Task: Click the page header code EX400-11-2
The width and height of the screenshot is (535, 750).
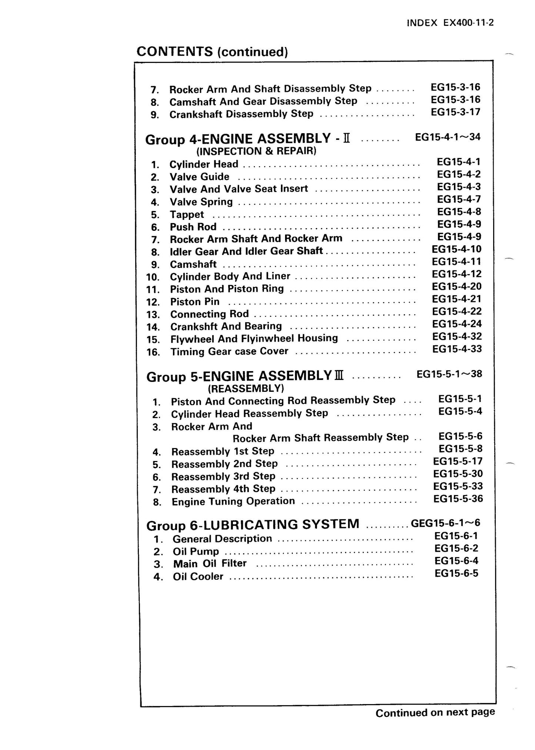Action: [468, 23]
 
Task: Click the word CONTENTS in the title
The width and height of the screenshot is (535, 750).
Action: [175, 51]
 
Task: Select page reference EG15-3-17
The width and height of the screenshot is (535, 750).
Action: [455, 112]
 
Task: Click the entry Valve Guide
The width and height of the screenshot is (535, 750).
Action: [199, 177]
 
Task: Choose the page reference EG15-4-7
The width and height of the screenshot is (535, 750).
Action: [459, 199]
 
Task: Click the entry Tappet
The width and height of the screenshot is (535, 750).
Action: [187, 215]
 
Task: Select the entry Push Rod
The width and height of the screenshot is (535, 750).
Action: [193, 227]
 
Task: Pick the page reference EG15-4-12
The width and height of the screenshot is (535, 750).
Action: [457, 274]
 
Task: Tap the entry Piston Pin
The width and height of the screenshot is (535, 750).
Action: [195, 302]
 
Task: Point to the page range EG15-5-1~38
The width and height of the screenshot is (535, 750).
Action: [449, 374]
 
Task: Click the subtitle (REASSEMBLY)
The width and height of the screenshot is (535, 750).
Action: [246, 389]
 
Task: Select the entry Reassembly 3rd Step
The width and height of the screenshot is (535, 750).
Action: [223, 477]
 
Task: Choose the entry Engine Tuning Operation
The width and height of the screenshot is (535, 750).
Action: [233, 502]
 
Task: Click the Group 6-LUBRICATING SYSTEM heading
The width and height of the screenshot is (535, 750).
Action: [253, 525]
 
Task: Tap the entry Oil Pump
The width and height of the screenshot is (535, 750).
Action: [196, 552]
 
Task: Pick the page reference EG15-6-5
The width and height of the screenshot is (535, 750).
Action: [456, 574]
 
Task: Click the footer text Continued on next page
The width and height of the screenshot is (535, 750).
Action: [435, 712]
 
